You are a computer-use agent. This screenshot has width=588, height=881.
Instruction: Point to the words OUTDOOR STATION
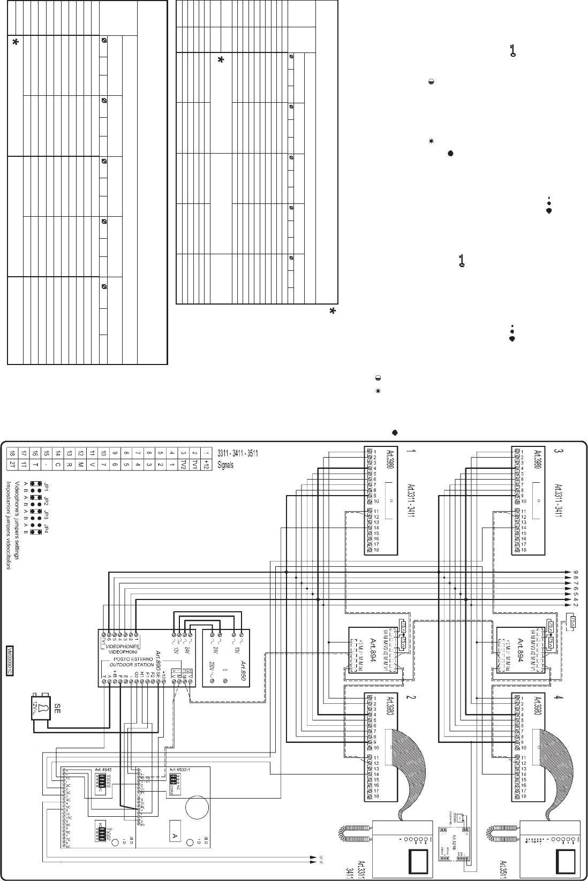pos(112,664)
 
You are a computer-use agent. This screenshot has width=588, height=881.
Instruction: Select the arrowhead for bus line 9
pos(567,572)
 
